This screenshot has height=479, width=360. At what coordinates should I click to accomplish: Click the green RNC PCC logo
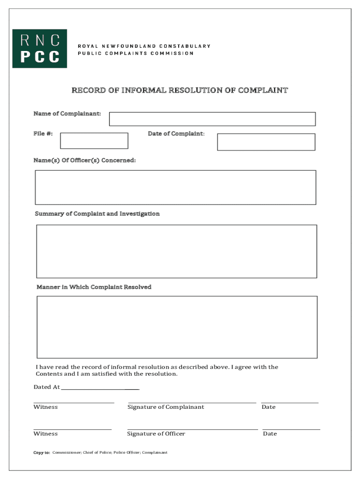click(39, 49)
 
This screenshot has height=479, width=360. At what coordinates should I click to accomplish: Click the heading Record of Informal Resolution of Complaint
click(180, 90)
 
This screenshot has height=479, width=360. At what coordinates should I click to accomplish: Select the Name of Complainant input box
click(212, 119)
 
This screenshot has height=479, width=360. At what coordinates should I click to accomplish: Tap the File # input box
click(94, 141)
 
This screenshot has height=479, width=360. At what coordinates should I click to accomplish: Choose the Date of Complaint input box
click(266, 142)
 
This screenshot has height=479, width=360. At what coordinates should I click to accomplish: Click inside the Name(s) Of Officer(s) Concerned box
click(175, 187)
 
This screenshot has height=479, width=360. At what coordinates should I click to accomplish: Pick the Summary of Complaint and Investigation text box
click(176, 251)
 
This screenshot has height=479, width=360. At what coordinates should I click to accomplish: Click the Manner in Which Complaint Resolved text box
click(177, 327)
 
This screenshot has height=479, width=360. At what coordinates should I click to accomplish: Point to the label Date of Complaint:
click(176, 134)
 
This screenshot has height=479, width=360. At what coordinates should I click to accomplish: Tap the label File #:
click(43, 134)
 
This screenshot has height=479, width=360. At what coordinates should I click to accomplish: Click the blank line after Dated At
click(100, 389)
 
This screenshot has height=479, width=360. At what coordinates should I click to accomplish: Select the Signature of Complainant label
click(166, 407)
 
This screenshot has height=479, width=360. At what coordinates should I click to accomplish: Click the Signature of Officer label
click(156, 434)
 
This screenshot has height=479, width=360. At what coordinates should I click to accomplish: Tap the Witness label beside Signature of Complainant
click(45, 407)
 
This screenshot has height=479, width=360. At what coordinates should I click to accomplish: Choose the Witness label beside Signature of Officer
click(45, 434)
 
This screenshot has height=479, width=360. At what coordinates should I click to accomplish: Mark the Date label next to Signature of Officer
click(270, 434)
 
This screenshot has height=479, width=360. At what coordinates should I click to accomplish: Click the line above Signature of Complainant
click(192, 402)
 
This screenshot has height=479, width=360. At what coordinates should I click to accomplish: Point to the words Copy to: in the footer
click(42, 453)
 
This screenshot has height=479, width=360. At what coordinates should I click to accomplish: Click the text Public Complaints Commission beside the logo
click(136, 53)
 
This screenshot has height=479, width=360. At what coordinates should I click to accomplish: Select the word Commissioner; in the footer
click(67, 453)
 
